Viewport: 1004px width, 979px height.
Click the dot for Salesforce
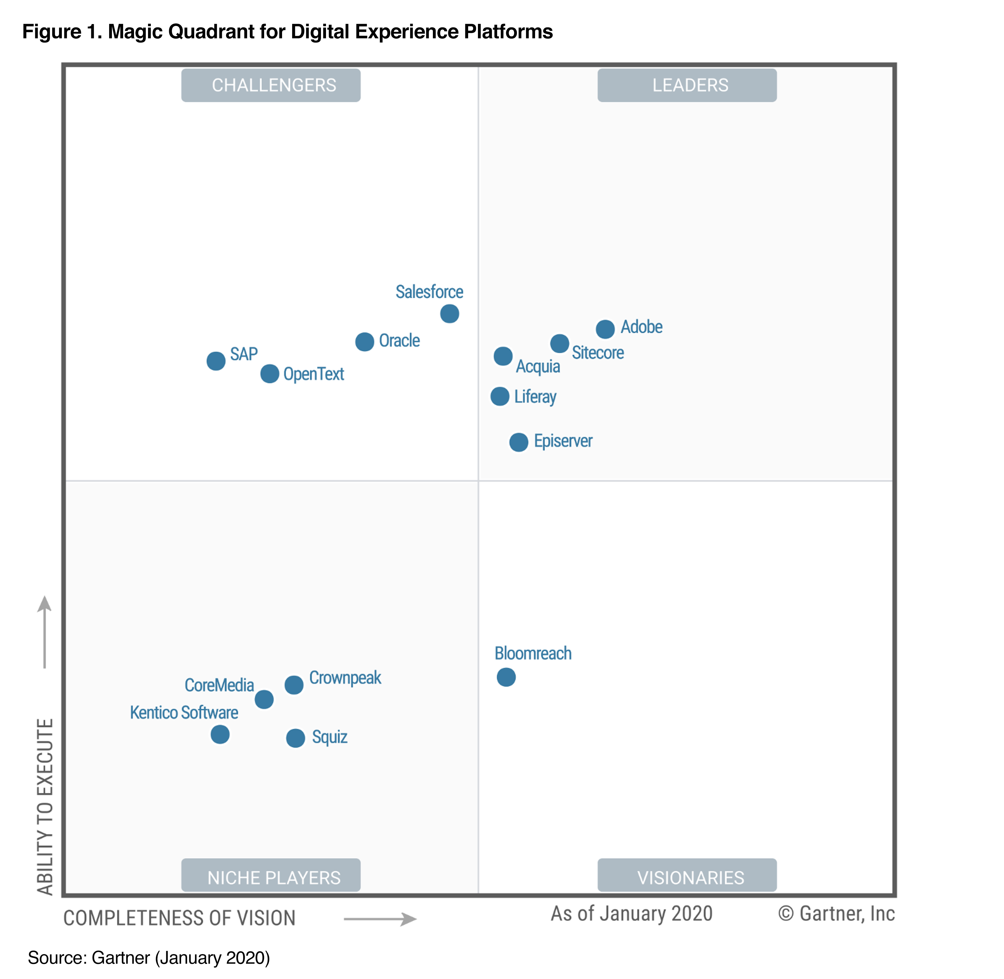(x=450, y=314)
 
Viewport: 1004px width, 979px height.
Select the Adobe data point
(x=605, y=329)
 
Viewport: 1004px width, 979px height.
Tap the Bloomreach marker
(x=506, y=677)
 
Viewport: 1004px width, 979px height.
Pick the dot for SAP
(x=216, y=361)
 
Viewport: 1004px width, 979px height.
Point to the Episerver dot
(x=519, y=442)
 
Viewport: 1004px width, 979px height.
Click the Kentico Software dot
(x=220, y=734)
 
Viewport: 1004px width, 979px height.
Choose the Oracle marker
(x=365, y=342)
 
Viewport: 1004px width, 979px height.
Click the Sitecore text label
(x=598, y=353)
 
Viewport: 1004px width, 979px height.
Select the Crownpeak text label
(x=345, y=678)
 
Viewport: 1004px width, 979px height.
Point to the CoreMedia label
(x=219, y=685)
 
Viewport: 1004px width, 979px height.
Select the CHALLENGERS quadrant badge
(x=271, y=85)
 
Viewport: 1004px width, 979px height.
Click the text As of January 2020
(x=632, y=914)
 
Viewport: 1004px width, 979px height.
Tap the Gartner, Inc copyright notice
(x=836, y=914)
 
